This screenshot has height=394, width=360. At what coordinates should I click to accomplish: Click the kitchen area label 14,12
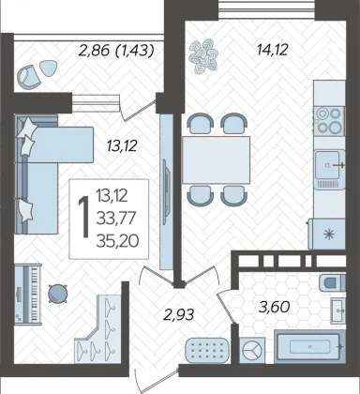pyautogui.click(x=272, y=50)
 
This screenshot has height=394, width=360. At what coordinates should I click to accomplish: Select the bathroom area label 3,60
pyautogui.click(x=274, y=307)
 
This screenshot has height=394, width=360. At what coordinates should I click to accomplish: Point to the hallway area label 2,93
pyautogui.click(x=178, y=314)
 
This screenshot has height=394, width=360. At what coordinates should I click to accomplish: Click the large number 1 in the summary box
pyautogui.click(x=83, y=218)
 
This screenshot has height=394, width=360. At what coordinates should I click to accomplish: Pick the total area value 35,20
pyautogui.click(x=118, y=241)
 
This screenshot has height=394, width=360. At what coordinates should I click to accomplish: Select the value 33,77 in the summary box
pyautogui.click(x=116, y=218)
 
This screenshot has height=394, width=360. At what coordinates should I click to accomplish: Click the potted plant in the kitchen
pyautogui.click(x=203, y=55)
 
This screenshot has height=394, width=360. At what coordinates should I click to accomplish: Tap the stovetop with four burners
pyautogui.click(x=329, y=120)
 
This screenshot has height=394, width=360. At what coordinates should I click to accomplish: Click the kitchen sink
pyautogui.click(x=330, y=169)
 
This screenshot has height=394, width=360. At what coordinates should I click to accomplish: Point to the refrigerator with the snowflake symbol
pyautogui.click(x=326, y=234)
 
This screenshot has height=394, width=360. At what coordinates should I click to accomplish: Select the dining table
pyautogui.click(x=217, y=159)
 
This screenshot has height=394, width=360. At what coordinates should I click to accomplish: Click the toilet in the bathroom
pyautogui.click(x=333, y=283)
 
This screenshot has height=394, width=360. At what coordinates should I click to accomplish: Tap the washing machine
pyautogui.click(x=252, y=350)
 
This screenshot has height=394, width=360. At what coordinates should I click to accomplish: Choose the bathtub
pyautogui.click(x=309, y=346)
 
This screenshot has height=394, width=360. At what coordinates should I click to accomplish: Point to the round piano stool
pyautogui.click(x=58, y=294)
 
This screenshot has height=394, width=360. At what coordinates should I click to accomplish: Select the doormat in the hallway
pyautogui.click(x=207, y=350)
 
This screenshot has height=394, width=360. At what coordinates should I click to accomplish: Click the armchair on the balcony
pyautogui.click(x=28, y=76)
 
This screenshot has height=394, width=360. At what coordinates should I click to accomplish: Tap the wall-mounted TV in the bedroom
pyautogui.click(x=166, y=191)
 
